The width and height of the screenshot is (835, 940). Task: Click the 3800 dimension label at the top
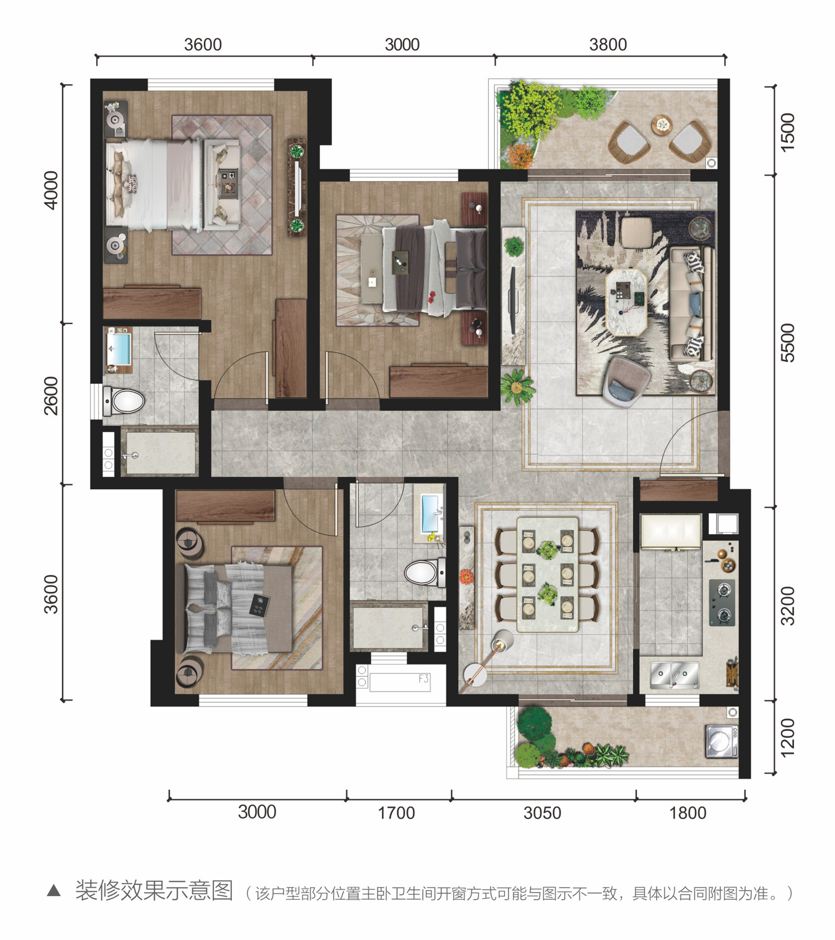click(x=607, y=45)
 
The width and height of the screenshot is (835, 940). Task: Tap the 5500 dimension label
click(x=788, y=343)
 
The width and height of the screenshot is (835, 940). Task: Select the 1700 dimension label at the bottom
click(x=396, y=813)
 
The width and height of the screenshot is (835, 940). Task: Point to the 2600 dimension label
click(x=51, y=396)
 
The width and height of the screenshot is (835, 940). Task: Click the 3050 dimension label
click(x=542, y=813)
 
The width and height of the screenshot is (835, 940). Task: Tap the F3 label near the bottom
click(x=424, y=679)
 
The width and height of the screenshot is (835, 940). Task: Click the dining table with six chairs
click(x=547, y=575)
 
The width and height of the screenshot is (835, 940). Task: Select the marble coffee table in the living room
click(x=626, y=302)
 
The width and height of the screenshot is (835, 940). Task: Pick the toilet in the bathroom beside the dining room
click(x=425, y=573)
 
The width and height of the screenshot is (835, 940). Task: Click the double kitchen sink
click(x=675, y=676)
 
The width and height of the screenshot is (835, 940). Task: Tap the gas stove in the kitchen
click(x=722, y=602)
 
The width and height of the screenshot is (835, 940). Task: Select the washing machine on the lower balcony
click(x=721, y=741)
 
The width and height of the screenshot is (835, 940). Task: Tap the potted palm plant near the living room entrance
click(x=517, y=386)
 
